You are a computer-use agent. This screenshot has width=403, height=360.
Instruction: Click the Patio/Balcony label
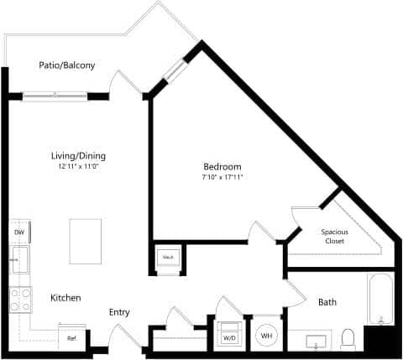point(66,65)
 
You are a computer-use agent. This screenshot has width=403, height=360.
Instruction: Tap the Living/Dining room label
point(78,155)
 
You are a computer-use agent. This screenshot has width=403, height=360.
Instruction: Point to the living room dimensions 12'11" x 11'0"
point(78,167)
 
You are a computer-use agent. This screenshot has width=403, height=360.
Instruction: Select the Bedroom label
point(222,166)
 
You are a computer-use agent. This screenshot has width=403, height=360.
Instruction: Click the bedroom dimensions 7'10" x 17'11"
point(222,178)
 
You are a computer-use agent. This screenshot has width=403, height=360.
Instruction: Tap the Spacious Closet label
point(336,236)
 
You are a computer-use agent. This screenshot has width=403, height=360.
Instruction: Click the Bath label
point(327,302)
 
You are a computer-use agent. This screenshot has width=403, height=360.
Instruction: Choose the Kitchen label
point(65,298)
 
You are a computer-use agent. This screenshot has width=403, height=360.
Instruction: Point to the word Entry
point(119,312)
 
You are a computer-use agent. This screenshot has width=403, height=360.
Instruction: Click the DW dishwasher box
point(18,232)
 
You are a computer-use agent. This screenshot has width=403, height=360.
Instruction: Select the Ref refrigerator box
point(73,337)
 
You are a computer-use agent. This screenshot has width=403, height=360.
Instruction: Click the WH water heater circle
point(266,336)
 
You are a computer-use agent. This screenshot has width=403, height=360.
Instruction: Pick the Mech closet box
point(168,258)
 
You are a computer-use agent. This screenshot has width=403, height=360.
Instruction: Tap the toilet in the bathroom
point(348,339)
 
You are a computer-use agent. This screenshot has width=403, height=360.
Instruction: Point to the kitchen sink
point(18,261)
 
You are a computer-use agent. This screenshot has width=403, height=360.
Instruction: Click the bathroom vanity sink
point(317,341)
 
